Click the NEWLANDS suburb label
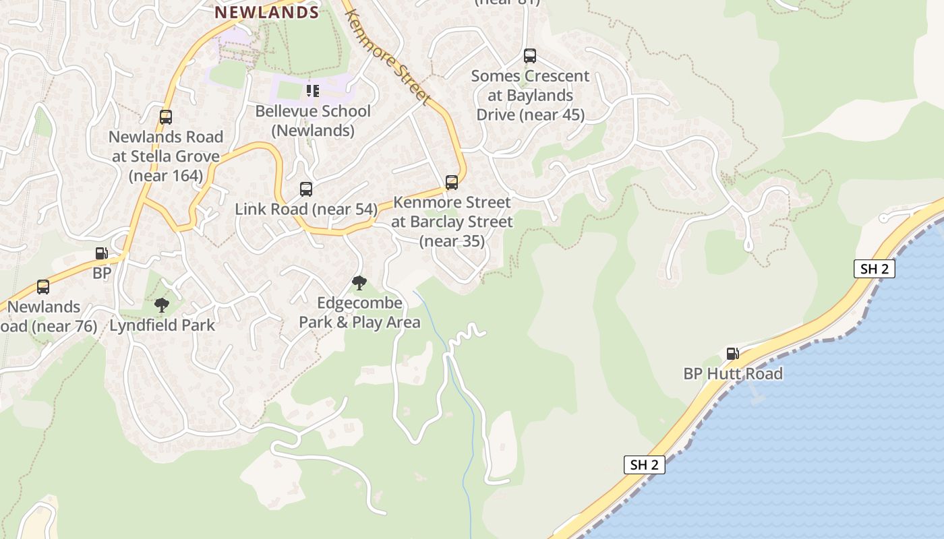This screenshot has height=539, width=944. [266, 12]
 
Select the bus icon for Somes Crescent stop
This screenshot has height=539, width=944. [530, 56]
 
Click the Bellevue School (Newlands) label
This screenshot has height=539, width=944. [313, 121]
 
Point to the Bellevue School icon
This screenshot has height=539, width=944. [313, 90]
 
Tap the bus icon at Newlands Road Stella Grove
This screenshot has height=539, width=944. [166, 117]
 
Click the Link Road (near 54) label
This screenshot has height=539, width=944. [306, 210]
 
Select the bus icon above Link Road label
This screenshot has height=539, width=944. [306, 189]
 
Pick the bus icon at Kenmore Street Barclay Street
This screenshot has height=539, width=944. [452, 183]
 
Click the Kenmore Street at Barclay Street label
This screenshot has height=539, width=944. [452, 221]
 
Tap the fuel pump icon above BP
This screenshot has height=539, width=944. [102, 253]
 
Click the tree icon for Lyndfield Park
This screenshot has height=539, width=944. [161, 305]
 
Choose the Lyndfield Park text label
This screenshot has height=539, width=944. [163, 325]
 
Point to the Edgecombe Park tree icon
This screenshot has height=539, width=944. [359, 283]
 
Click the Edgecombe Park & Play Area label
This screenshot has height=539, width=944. [359, 313]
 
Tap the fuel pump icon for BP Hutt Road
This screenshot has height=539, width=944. [732, 353]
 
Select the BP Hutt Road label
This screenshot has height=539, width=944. [733, 374]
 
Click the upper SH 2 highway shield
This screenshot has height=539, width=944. [875, 269]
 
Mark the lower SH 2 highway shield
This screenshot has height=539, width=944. [644, 464]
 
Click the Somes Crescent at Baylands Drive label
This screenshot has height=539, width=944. [530, 96]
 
